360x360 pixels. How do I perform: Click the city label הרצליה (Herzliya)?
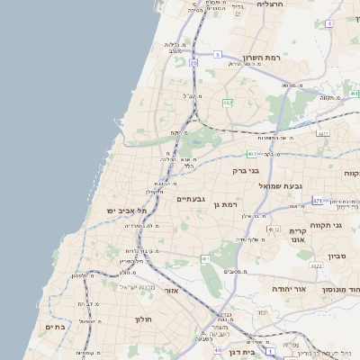[270, 4]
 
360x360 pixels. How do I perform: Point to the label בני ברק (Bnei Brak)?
[246, 170]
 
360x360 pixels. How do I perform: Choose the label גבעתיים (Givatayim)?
[191, 199]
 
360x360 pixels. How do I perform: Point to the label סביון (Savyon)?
[337, 256]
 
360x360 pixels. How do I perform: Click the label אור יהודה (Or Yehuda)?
[289, 289]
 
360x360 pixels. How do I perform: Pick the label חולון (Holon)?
[145, 319]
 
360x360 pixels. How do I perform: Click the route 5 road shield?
[217, 54]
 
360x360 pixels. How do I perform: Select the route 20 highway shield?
[193, 63]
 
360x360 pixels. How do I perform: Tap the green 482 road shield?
[227, 103]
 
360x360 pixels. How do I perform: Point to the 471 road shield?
[318, 200]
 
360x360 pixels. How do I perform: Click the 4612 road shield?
[274, 229]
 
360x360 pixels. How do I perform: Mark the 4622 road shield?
[316, 265]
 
